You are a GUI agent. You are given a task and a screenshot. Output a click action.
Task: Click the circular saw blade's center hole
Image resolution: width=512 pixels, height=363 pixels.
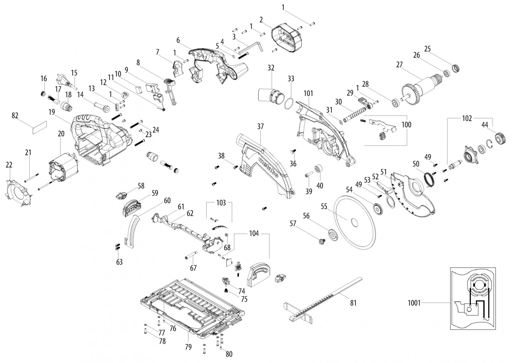click(x=355, y=222)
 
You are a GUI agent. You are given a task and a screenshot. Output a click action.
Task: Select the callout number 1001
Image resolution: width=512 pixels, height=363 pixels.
click(x=414, y=303)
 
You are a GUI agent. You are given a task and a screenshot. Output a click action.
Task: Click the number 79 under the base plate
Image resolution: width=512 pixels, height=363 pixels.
click(x=188, y=347)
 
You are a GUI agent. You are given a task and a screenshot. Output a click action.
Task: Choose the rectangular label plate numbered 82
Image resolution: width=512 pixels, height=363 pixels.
click(x=40, y=127)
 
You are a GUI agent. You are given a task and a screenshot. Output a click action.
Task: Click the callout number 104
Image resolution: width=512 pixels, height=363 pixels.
click(x=254, y=234)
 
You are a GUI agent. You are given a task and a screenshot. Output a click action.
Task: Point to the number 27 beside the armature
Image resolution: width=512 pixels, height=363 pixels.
click(x=399, y=65)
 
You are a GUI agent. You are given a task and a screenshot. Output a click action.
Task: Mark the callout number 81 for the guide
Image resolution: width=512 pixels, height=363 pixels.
click(x=353, y=303)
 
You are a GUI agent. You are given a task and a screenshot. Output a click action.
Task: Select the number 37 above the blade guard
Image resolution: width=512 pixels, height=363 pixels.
click(x=260, y=126)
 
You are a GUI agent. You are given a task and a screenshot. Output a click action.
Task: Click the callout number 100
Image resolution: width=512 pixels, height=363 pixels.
click(x=406, y=125)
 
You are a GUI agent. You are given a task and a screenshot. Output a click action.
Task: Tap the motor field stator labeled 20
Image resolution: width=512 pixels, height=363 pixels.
click(x=63, y=168)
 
